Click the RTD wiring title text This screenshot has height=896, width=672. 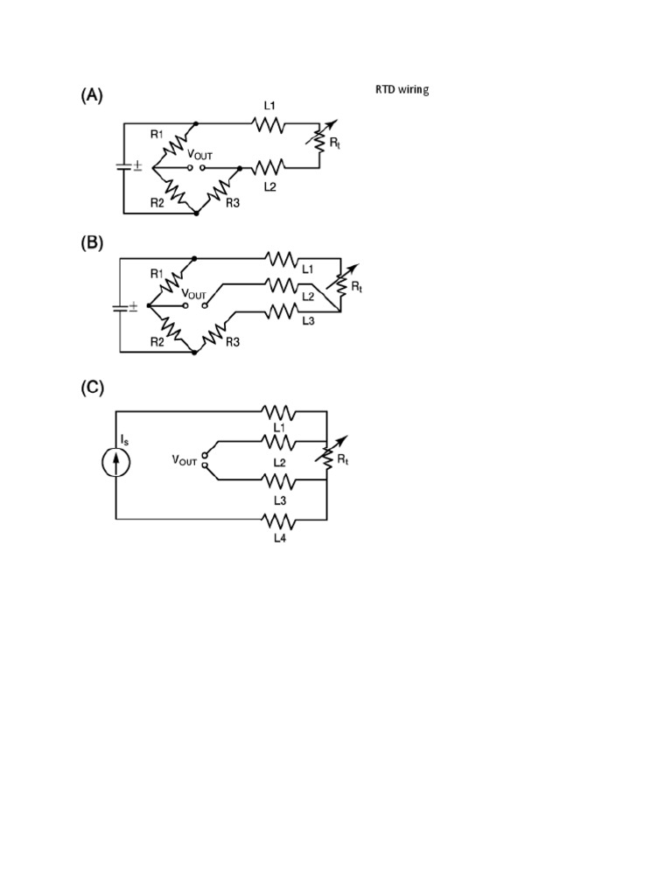click(402, 90)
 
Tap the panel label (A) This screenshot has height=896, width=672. click(92, 96)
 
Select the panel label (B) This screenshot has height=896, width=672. click(92, 244)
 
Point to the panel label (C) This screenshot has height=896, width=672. click(92, 388)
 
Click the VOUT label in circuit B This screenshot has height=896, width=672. click(194, 296)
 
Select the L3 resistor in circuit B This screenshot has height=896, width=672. click(281, 311)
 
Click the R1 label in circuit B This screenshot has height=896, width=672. click(157, 274)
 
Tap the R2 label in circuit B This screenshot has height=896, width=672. click(157, 342)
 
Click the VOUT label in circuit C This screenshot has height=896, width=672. click(185, 459)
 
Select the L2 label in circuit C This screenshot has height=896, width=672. click(280, 461)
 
